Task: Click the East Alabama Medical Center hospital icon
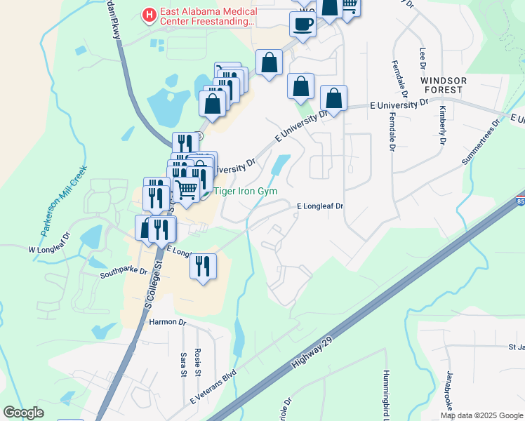tap(149, 14)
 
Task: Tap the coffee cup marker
tap(303, 25)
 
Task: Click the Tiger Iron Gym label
tap(246, 191)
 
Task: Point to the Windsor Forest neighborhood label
tap(443, 86)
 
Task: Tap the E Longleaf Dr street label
tap(319, 206)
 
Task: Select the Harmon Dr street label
tap(167, 323)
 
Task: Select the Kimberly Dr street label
tap(442, 125)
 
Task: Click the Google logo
tap(23, 412)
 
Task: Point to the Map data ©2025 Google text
tap(481, 415)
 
